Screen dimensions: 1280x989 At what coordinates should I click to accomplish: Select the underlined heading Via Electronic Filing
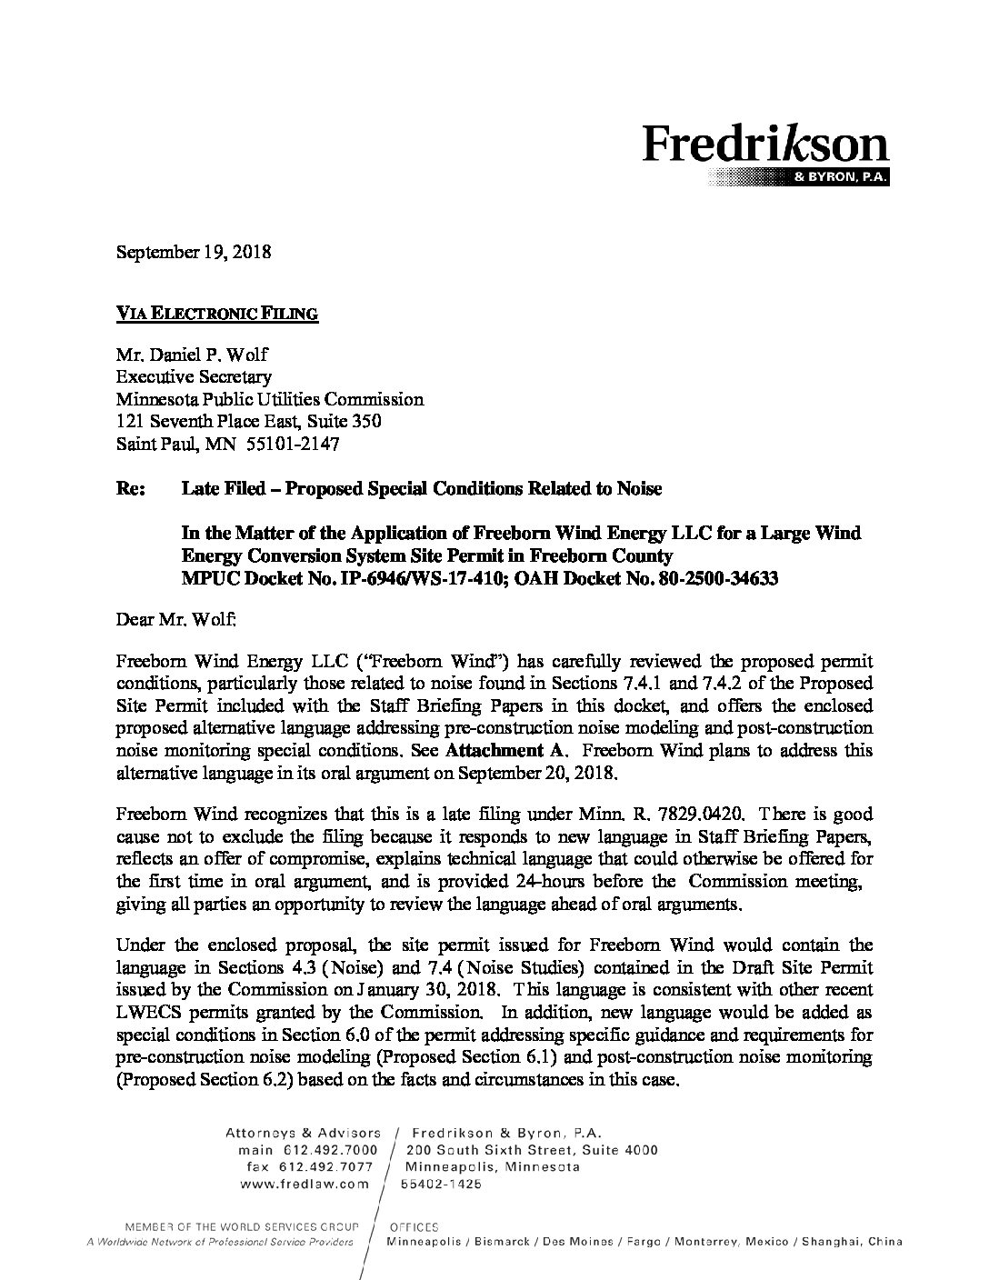[x=217, y=314]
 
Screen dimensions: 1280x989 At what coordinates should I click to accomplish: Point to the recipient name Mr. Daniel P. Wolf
[x=192, y=355]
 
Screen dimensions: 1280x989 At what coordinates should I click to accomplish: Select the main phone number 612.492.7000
[x=330, y=1150]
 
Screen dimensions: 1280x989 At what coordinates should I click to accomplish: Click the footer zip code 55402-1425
[x=443, y=1185]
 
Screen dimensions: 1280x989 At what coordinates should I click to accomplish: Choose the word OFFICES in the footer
[x=413, y=1226]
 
